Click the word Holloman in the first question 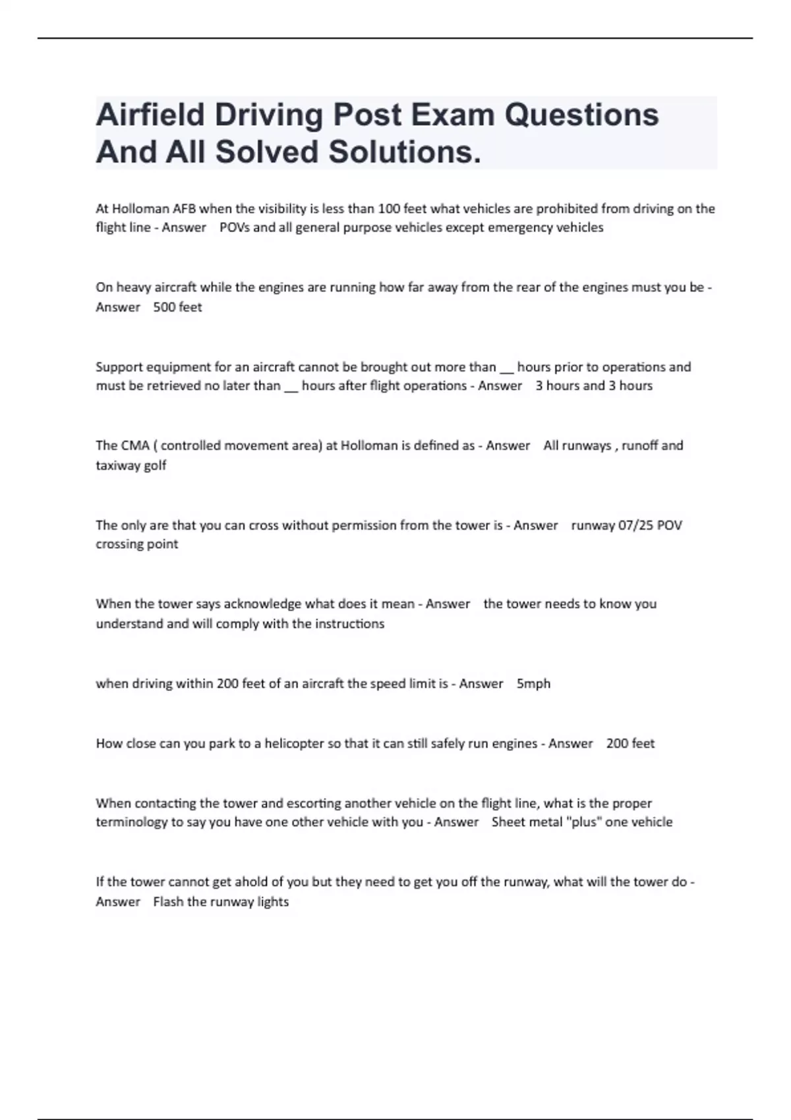point(140,209)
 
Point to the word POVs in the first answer point(235,228)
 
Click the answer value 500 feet point(177,307)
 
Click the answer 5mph point(533,684)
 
